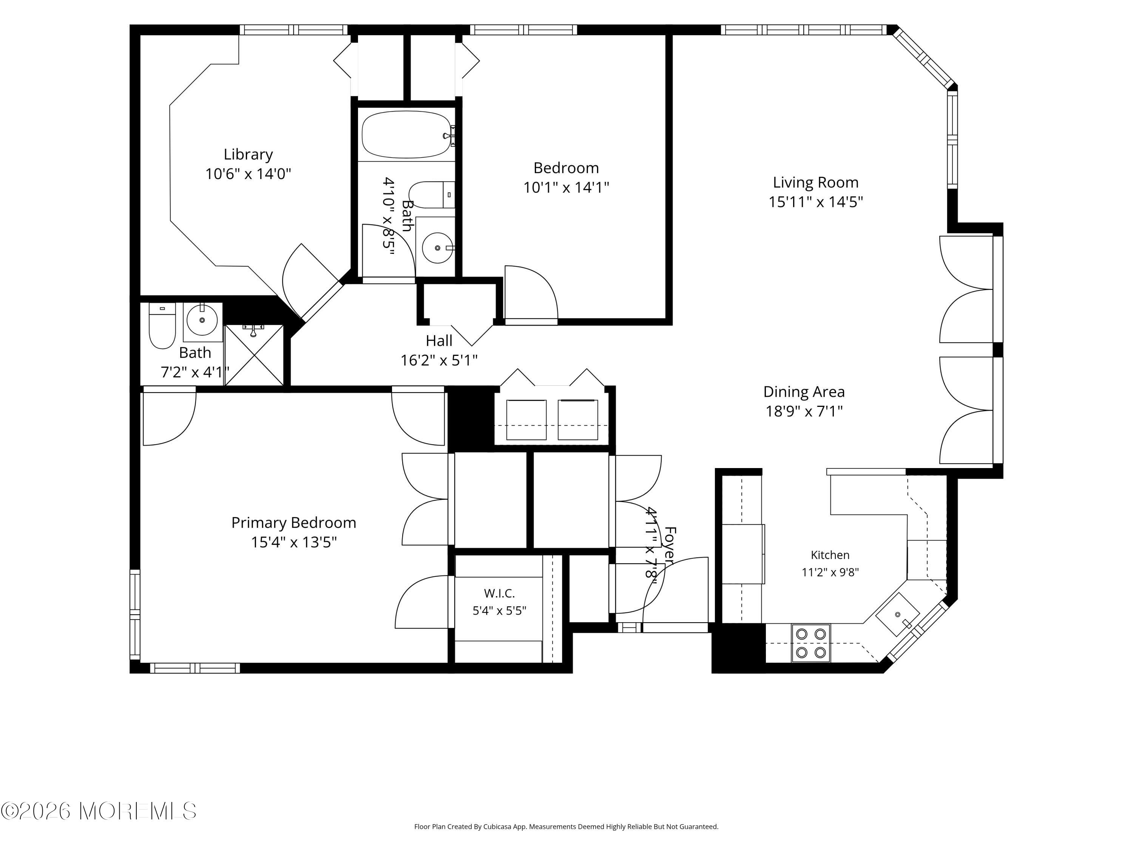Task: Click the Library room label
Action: click(x=249, y=154)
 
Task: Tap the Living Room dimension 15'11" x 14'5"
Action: click(x=815, y=202)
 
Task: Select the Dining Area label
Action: click(x=804, y=392)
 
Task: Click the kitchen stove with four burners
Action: click(x=811, y=643)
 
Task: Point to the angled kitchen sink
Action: click(x=897, y=614)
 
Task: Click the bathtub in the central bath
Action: click(x=407, y=134)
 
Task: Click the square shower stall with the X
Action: click(x=254, y=355)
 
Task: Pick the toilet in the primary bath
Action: click(x=162, y=326)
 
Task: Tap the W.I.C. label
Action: click(x=499, y=593)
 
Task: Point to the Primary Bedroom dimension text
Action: click(x=293, y=542)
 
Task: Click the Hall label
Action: click(x=439, y=341)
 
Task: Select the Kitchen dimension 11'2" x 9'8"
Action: click(x=830, y=572)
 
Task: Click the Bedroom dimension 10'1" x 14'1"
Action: click(x=566, y=187)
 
